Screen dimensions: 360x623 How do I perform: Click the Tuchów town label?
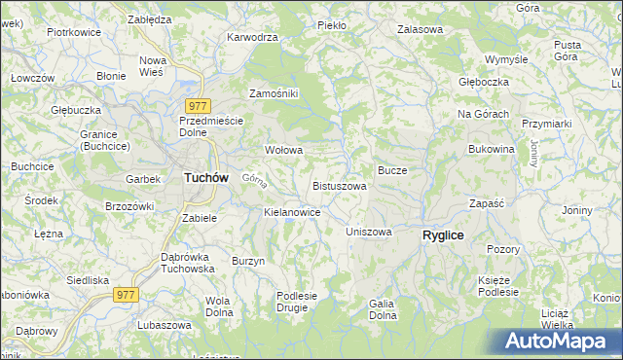click(x=206, y=178)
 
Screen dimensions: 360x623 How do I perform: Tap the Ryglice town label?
click(x=443, y=235)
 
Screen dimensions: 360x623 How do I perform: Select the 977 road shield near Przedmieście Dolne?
click(x=198, y=105)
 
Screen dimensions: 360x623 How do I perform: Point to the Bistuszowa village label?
click(x=340, y=186)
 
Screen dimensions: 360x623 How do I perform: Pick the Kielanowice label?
click(x=292, y=211)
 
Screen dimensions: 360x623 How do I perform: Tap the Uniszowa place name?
click(x=369, y=233)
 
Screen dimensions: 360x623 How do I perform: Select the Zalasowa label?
click(x=420, y=29)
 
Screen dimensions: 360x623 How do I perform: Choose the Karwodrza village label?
click(x=252, y=37)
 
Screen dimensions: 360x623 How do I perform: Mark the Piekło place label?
click(x=332, y=24)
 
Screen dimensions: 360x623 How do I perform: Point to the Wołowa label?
click(x=284, y=151)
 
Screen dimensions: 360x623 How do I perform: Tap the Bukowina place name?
click(x=491, y=149)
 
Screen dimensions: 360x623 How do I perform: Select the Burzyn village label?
click(x=248, y=261)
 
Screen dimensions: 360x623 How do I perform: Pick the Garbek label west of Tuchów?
click(x=142, y=180)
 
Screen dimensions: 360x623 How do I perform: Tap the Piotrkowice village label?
click(x=75, y=32)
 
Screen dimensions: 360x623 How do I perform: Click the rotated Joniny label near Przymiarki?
click(x=534, y=152)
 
